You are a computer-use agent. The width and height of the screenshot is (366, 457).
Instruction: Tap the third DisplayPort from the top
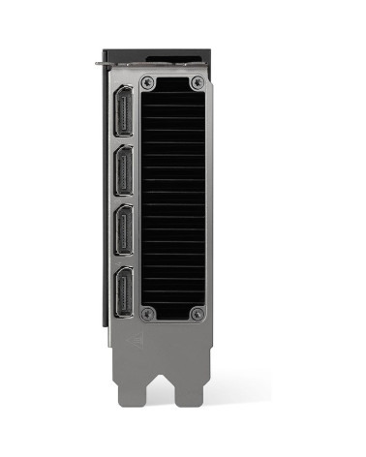[x=126, y=233]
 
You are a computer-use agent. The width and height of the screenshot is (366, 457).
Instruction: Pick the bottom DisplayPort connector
[x=126, y=291]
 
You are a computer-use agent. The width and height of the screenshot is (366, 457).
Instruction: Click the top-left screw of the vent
[x=148, y=82]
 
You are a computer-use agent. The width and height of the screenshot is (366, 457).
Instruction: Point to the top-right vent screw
[x=198, y=82]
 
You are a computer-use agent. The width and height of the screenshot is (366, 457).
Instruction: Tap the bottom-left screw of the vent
[x=148, y=313]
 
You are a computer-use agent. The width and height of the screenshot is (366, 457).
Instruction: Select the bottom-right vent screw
[x=198, y=313]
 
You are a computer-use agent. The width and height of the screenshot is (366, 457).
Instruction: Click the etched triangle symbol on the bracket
[x=137, y=341]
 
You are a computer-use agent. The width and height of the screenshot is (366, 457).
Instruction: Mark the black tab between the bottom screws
[x=172, y=316]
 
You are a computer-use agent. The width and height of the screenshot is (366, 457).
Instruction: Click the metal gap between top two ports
[x=126, y=144]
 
